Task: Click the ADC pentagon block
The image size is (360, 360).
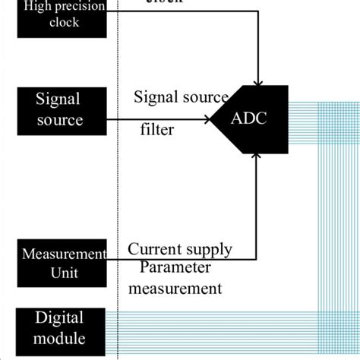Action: click(251, 118)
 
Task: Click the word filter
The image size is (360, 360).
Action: click(157, 129)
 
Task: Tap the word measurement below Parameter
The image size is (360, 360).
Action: click(175, 288)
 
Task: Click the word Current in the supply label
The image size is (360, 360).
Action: click(154, 249)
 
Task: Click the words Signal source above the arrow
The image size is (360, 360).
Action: click(181, 97)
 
